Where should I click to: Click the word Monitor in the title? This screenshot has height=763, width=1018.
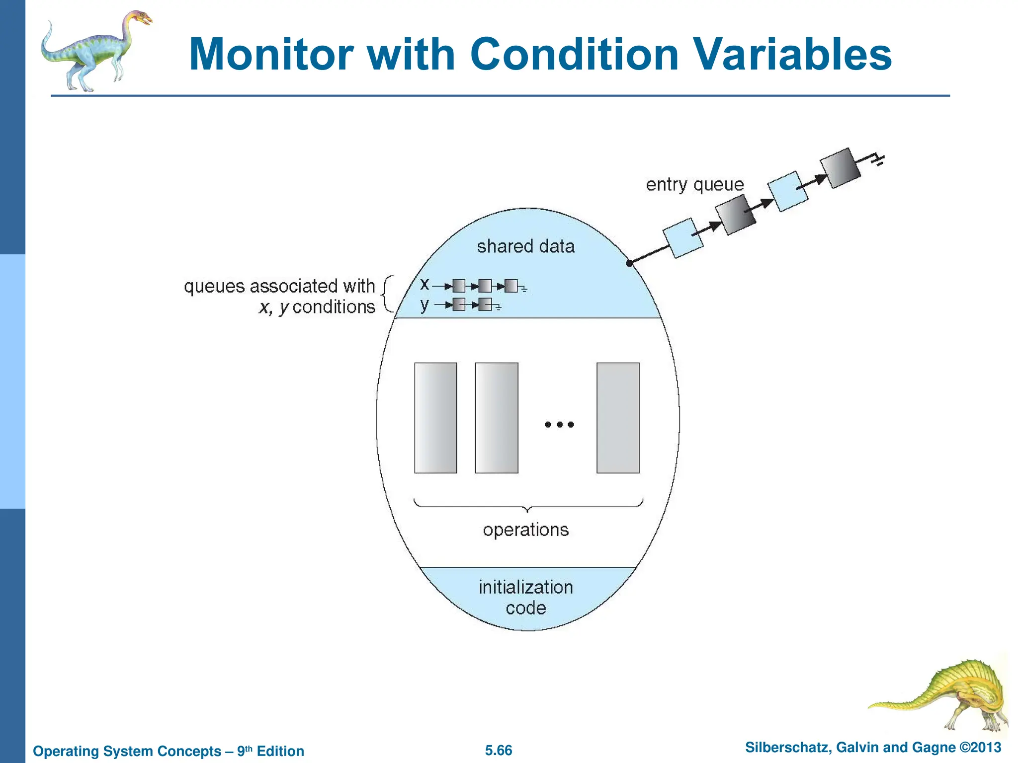(x=271, y=55)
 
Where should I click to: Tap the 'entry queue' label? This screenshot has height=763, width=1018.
(x=694, y=185)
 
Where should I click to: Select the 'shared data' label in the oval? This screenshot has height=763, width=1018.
(x=525, y=246)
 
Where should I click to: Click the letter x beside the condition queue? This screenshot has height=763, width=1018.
(x=424, y=284)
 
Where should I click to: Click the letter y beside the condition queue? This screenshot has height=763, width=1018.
(x=424, y=305)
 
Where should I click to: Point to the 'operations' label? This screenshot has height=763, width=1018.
(x=525, y=530)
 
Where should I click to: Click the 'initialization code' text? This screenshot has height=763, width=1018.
(x=525, y=598)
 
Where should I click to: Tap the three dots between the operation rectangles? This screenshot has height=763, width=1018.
(x=559, y=424)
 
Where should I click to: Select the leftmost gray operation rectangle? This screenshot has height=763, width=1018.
(x=435, y=418)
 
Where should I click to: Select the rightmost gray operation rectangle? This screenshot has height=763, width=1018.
(x=618, y=418)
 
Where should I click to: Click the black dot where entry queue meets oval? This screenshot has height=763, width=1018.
(x=629, y=263)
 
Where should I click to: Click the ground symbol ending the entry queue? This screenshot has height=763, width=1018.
(x=879, y=160)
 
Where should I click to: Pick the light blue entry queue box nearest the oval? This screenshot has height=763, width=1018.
(x=683, y=238)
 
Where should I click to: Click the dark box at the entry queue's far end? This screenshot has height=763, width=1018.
(x=840, y=168)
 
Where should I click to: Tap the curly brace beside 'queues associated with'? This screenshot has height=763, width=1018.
(x=387, y=295)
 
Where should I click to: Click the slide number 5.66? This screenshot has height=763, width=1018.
(x=499, y=751)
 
